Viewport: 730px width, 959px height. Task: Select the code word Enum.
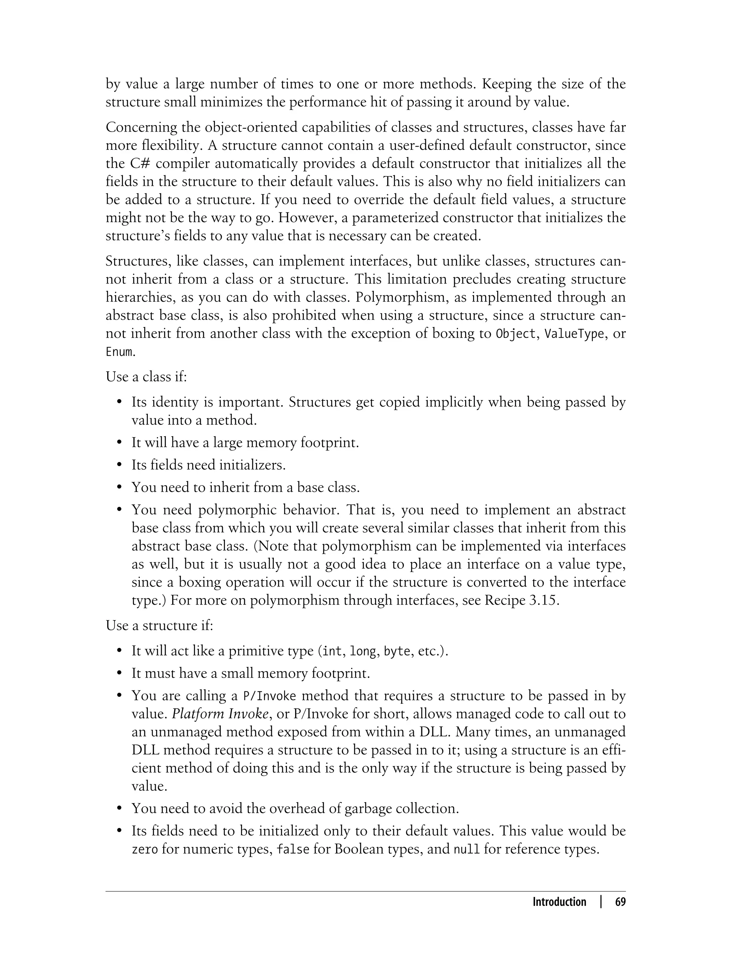click(120, 352)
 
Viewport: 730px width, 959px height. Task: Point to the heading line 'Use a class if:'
click(146, 377)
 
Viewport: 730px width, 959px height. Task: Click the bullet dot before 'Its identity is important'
click(119, 402)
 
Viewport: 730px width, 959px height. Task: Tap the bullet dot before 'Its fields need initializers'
click(119, 465)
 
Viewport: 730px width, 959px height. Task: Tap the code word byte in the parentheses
click(397, 651)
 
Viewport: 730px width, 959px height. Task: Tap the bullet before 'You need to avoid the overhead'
click(119, 808)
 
